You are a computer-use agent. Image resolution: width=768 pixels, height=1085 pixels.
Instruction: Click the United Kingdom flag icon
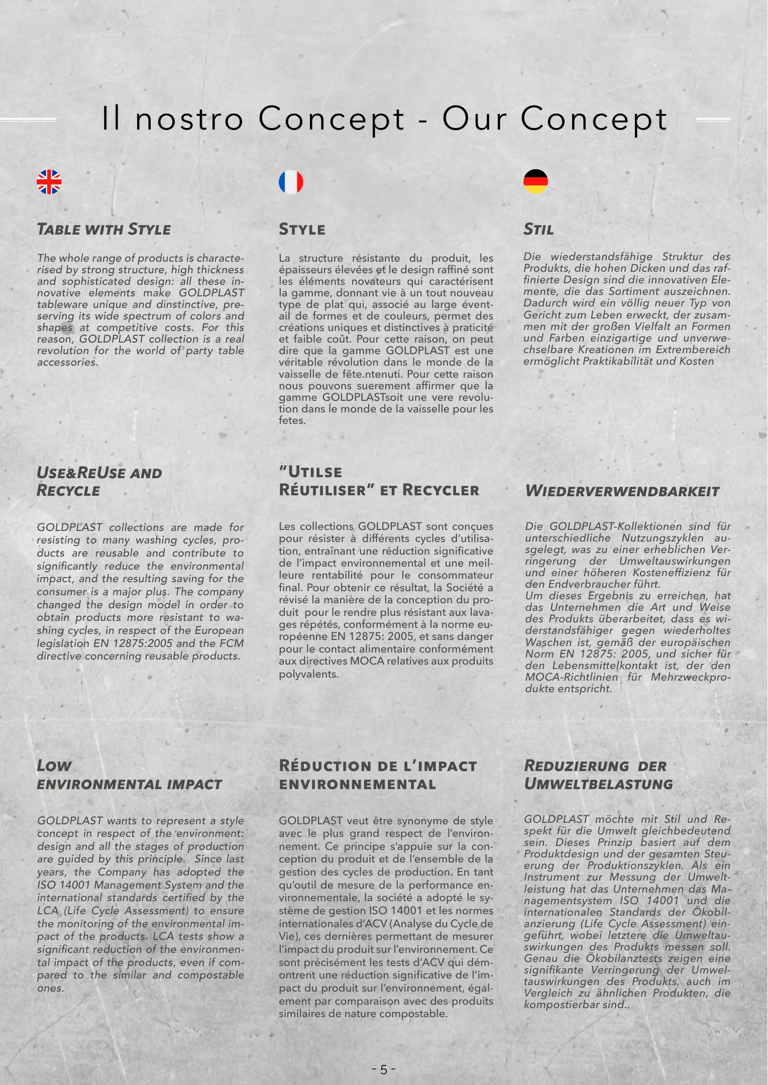click(49, 182)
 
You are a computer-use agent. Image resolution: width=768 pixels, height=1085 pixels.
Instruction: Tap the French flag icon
click(291, 182)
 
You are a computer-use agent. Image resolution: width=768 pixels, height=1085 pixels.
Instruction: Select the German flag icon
click(535, 181)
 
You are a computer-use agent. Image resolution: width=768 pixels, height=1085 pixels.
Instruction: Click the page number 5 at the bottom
click(384, 1069)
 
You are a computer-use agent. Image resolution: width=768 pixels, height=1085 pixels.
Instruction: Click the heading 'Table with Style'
click(104, 230)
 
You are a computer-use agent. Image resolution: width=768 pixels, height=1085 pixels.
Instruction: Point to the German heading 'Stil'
click(538, 230)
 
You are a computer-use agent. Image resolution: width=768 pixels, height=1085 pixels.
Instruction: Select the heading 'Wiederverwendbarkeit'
click(622, 491)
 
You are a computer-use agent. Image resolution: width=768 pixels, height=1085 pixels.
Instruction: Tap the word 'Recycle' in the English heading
click(68, 491)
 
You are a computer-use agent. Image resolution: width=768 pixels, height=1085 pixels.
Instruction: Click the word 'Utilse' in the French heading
click(315, 472)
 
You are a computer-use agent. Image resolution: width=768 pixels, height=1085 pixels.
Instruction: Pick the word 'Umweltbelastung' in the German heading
click(598, 784)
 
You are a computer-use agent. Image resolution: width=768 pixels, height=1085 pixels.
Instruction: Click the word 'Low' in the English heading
click(54, 766)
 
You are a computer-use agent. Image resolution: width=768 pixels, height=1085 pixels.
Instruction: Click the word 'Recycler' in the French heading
click(441, 490)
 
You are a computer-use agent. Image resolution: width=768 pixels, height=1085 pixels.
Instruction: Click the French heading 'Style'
click(302, 230)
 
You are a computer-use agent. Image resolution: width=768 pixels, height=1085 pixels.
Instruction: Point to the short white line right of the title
click(713, 120)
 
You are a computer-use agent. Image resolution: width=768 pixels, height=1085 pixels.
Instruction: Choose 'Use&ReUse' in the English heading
click(81, 473)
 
